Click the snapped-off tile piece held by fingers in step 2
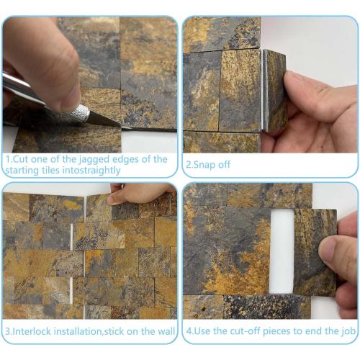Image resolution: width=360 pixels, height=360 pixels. click(x=274, y=91)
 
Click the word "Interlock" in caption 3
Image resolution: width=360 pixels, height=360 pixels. click(x=33, y=333)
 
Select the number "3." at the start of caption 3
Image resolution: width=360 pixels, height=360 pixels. click(x=8, y=333)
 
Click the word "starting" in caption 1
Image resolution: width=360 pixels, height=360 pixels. click(x=26, y=171)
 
